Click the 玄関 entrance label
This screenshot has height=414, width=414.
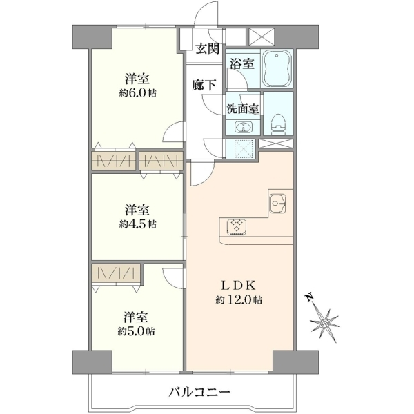point(208,49)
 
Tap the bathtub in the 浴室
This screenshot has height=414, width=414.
point(277,68)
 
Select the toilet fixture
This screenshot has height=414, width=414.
point(279,124)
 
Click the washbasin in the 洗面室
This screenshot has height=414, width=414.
point(244,127)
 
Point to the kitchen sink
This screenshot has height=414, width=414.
point(277,203)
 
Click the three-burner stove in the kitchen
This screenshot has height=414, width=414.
point(237,227)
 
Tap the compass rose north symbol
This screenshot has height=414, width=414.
point(325,322)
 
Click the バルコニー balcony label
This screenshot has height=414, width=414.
point(199,393)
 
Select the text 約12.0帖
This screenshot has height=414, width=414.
point(239,300)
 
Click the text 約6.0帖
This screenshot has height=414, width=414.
point(137,93)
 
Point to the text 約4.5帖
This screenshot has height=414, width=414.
point(137,224)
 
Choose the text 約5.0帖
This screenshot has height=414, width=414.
point(136,331)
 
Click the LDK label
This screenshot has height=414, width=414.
point(239,285)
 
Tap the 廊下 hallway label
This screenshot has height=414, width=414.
point(204,85)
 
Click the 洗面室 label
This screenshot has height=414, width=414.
point(243,109)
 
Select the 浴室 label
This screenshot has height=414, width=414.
point(242,63)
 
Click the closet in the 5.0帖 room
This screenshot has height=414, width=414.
point(116,273)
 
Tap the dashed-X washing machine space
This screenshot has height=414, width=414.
point(241,148)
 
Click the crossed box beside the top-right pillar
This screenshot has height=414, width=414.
point(262,36)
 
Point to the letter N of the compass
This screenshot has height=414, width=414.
point(309,297)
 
